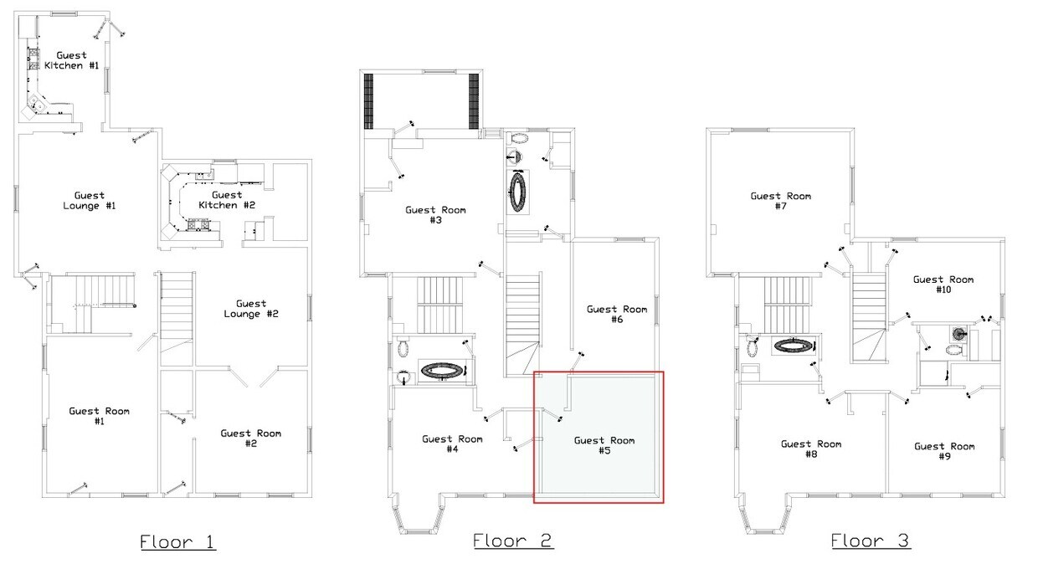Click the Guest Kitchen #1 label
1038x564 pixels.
(x=71, y=60)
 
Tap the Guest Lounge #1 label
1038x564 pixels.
(x=89, y=201)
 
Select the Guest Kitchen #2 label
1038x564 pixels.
(x=227, y=200)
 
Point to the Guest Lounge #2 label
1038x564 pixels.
(x=250, y=309)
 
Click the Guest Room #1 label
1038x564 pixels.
(x=99, y=416)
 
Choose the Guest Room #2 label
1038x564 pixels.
(x=250, y=438)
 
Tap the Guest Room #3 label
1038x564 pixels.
(x=435, y=215)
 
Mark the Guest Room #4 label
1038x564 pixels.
(x=452, y=444)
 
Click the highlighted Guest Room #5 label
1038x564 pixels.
(x=604, y=445)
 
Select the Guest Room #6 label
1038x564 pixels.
(x=617, y=314)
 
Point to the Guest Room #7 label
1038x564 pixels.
(x=781, y=201)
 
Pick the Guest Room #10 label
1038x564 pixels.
(x=943, y=285)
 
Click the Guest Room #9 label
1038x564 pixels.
(x=944, y=452)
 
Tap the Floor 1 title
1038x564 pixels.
(x=178, y=541)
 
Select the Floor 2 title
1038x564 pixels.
(x=512, y=541)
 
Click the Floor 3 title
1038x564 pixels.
(x=871, y=541)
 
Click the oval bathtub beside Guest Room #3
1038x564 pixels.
(x=517, y=192)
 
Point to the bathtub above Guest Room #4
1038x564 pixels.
(x=443, y=371)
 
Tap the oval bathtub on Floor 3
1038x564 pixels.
(x=794, y=346)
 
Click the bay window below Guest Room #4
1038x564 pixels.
(x=418, y=515)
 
